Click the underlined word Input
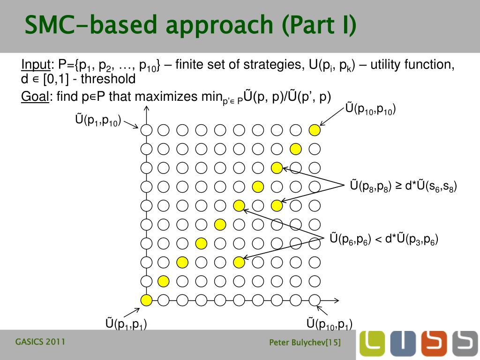(36, 65)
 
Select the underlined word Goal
(35, 97)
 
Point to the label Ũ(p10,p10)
(370, 109)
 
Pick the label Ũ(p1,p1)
(126, 323)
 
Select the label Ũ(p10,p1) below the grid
(329, 323)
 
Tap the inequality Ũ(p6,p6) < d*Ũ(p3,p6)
(384, 239)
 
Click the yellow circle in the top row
(315, 130)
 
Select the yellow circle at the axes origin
(146, 300)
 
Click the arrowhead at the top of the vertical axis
(146, 109)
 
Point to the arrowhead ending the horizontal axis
(337, 300)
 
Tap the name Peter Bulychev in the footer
(298, 343)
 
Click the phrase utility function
(412, 65)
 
